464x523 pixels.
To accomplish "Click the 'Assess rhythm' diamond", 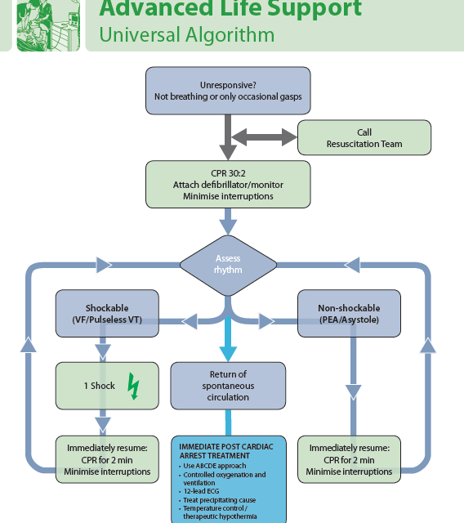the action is [228, 265].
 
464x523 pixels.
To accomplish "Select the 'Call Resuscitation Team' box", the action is [364, 138].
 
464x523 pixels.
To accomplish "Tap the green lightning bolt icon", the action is [133, 386].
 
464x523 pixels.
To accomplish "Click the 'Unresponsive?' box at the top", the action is [228, 91].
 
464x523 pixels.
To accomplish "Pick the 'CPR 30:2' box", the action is [228, 185].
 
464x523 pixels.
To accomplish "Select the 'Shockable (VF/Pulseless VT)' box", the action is [107, 314].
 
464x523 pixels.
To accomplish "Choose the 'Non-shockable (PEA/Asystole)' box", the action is [349, 314].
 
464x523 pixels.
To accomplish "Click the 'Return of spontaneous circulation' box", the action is [228, 386].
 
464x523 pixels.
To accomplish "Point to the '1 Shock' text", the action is [100, 386].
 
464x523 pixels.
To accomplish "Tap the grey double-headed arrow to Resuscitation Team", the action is [264, 137].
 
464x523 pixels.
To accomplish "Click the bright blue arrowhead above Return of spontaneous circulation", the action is [228, 354].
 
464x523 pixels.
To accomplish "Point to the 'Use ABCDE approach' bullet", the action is [214, 466].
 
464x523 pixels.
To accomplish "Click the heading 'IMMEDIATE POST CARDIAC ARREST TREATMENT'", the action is [226, 451].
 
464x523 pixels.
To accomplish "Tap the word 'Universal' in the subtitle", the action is [140, 34].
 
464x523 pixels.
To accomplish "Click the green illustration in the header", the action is [48, 25].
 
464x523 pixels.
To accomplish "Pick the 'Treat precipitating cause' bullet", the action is [219, 500].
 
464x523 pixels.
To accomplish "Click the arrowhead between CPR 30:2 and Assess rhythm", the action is [228, 227].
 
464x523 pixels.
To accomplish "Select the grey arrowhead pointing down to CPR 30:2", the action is [228, 153].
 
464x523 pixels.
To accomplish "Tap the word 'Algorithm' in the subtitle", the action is [230, 35].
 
